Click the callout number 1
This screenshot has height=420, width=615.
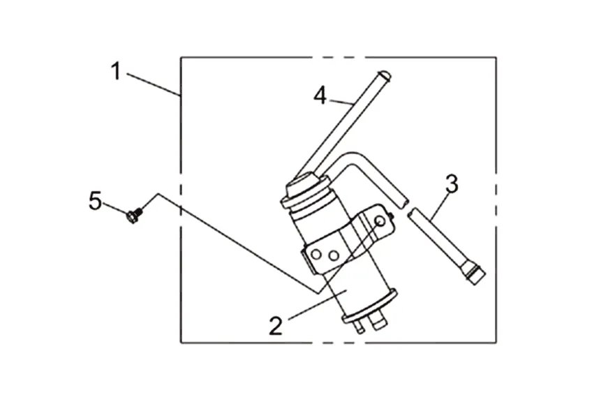click(117, 70)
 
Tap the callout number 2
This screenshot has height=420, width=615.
click(276, 325)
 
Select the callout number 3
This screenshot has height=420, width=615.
click(452, 185)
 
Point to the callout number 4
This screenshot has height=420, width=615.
click(320, 95)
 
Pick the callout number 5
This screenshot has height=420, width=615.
click(96, 201)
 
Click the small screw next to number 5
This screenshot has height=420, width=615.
click(133, 216)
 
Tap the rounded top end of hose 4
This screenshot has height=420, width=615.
click(383, 75)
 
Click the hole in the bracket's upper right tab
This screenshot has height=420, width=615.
click(380, 221)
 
